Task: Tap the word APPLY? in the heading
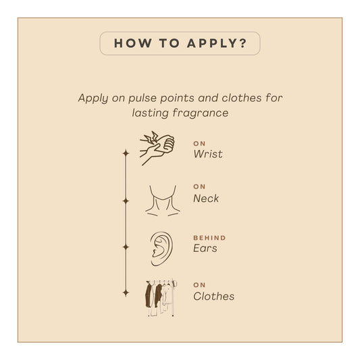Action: [217, 43]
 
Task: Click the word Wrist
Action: [208, 154]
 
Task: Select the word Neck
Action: [206, 199]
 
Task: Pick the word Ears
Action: [205, 248]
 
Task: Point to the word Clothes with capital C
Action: [213, 297]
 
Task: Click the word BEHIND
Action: [209, 238]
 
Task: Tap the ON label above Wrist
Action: [199, 144]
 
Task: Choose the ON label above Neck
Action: [199, 186]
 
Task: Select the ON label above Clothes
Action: [199, 285]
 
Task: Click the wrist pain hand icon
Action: [157, 149]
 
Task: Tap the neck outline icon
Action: [163, 201]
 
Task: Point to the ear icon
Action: [161, 249]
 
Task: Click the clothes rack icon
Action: [161, 298]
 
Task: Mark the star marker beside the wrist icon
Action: [126, 153]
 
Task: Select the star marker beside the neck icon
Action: [126, 201]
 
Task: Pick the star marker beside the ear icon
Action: [126, 247]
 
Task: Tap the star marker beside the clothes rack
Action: [126, 293]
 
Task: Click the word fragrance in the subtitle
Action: [201, 113]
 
